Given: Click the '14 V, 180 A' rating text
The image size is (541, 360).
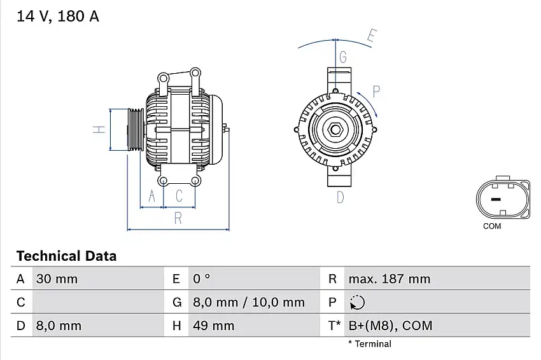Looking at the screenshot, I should click(x=58, y=17).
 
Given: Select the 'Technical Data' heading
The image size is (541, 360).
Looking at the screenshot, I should click(x=66, y=256).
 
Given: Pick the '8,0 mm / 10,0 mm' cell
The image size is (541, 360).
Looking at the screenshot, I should click(x=248, y=303).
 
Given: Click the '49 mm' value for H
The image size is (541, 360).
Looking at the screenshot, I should click(x=213, y=326).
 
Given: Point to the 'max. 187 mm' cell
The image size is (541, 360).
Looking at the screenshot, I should click(x=389, y=279).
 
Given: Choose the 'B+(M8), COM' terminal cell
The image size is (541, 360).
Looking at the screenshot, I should click(x=390, y=326).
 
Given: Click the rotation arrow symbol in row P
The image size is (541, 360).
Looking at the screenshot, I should click(x=357, y=303).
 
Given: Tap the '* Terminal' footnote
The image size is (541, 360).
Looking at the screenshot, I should click(x=370, y=344).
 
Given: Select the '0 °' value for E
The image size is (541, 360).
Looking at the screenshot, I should click(x=201, y=279).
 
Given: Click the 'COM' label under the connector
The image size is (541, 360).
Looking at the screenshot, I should click(x=492, y=226).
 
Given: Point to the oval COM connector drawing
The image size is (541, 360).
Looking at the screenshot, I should click(x=503, y=198).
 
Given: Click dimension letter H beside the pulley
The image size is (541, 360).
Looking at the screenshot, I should click(x=99, y=129).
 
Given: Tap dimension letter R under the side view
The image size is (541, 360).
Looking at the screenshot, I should click(x=178, y=218).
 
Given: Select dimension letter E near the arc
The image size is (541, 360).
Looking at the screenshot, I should click(x=372, y=36).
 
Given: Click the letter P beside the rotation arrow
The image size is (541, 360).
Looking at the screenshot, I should click(x=376, y=91).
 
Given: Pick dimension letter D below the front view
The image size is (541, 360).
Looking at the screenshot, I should click(x=340, y=197).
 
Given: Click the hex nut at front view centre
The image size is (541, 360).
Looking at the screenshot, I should click(x=335, y=130).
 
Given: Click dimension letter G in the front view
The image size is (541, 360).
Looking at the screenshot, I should click(x=343, y=57).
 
